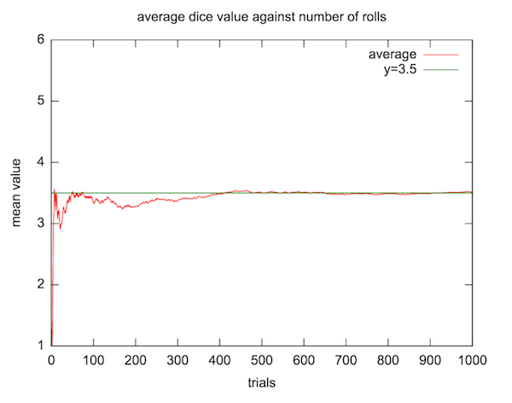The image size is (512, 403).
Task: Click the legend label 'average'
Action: tap(392, 55)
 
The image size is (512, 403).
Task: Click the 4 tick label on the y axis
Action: tap(41, 162)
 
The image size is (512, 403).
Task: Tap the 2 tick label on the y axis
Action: tap(41, 284)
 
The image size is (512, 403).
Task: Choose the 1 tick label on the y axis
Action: tap(41, 346)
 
